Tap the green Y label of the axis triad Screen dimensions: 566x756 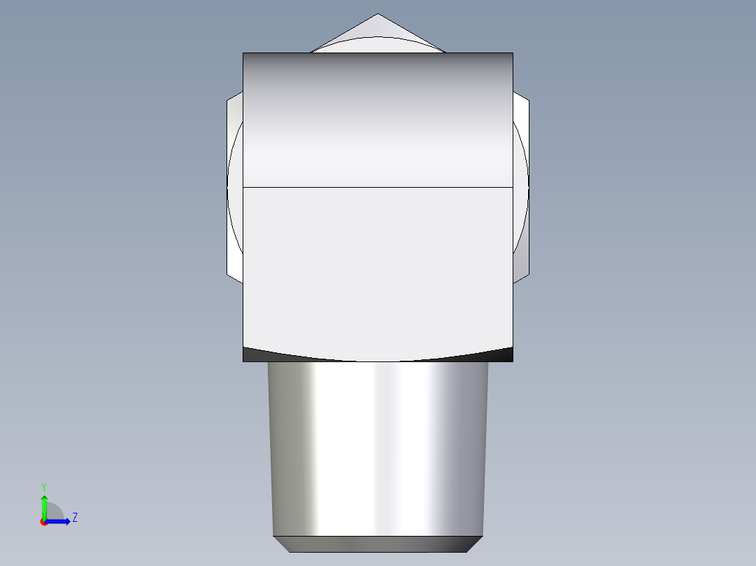(43, 486)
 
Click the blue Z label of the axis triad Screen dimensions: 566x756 (74, 518)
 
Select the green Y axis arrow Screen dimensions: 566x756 (44, 505)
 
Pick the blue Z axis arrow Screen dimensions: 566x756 (60, 521)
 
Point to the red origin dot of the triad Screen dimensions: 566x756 (44, 522)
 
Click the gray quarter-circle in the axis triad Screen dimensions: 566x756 (54, 511)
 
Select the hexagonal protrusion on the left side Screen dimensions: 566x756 (234, 189)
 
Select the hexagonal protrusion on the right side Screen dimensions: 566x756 (520, 189)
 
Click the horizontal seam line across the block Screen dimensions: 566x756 (377, 188)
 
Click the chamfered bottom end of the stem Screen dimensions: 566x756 (378, 544)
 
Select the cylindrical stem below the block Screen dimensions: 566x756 (378, 448)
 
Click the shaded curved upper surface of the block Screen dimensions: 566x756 (377, 119)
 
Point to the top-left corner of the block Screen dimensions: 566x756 (243, 53)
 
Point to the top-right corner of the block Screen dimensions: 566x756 (513, 53)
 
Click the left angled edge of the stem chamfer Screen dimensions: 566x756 (281, 544)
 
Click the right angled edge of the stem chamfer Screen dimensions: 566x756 (475, 544)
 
